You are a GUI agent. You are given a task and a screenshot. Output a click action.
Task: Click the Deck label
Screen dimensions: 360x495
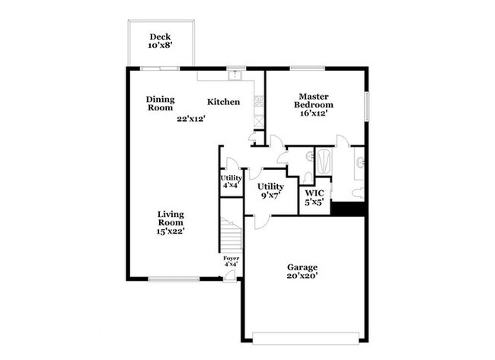point(160,37)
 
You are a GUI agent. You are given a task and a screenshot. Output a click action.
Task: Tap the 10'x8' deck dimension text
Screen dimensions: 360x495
point(160,46)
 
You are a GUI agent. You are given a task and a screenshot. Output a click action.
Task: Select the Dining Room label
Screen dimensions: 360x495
point(161,104)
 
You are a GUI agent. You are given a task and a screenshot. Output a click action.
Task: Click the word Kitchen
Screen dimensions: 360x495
point(224,102)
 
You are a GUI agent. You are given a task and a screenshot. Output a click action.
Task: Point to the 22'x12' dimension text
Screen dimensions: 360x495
point(192,119)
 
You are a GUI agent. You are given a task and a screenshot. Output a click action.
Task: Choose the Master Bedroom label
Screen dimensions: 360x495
point(313,100)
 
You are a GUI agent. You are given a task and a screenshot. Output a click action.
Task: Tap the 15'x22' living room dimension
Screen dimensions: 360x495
point(171,231)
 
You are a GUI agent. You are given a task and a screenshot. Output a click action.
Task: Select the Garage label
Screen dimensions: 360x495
point(302,267)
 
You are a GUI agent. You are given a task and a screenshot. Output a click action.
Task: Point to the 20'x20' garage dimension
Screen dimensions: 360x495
point(302,277)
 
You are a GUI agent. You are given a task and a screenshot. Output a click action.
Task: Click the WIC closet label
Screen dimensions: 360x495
point(314,193)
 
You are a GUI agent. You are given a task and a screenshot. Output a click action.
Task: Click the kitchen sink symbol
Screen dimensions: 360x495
point(235,75)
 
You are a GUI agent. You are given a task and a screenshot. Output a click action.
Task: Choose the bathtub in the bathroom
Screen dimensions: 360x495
point(323,162)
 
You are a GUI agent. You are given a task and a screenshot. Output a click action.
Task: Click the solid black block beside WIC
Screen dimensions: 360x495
point(349,209)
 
